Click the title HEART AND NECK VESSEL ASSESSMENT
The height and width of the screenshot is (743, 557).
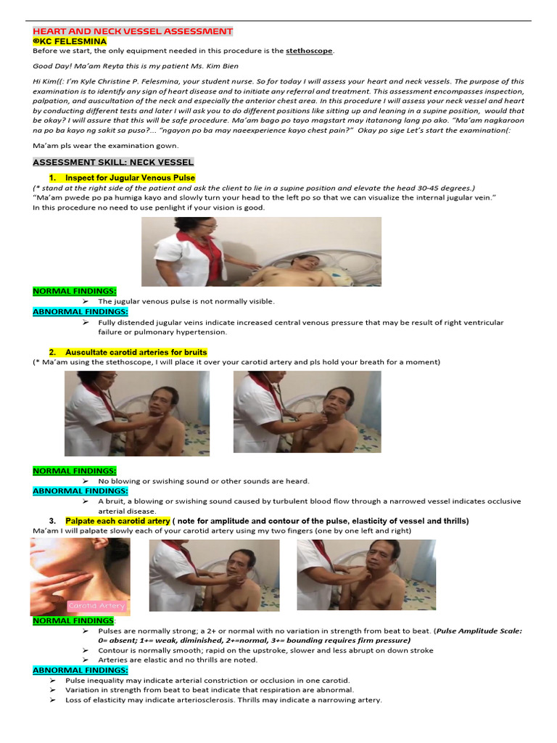coord(133,31)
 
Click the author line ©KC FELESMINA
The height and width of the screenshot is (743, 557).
coord(70,41)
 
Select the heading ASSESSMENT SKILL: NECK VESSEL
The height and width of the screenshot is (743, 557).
coord(113,162)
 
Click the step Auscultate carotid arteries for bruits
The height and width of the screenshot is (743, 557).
coord(136,352)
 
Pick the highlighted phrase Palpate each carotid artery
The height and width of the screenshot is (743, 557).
coord(117,521)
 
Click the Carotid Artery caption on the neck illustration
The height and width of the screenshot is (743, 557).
coord(96,605)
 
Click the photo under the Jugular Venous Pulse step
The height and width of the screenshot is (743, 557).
coord(261,251)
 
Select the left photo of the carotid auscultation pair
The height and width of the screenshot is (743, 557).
coord(137,414)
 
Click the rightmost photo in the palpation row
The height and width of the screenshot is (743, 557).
coord(366,575)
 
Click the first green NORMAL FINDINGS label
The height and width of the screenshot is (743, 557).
coord(74,291)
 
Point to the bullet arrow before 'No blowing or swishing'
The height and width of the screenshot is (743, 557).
coord(85,481)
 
